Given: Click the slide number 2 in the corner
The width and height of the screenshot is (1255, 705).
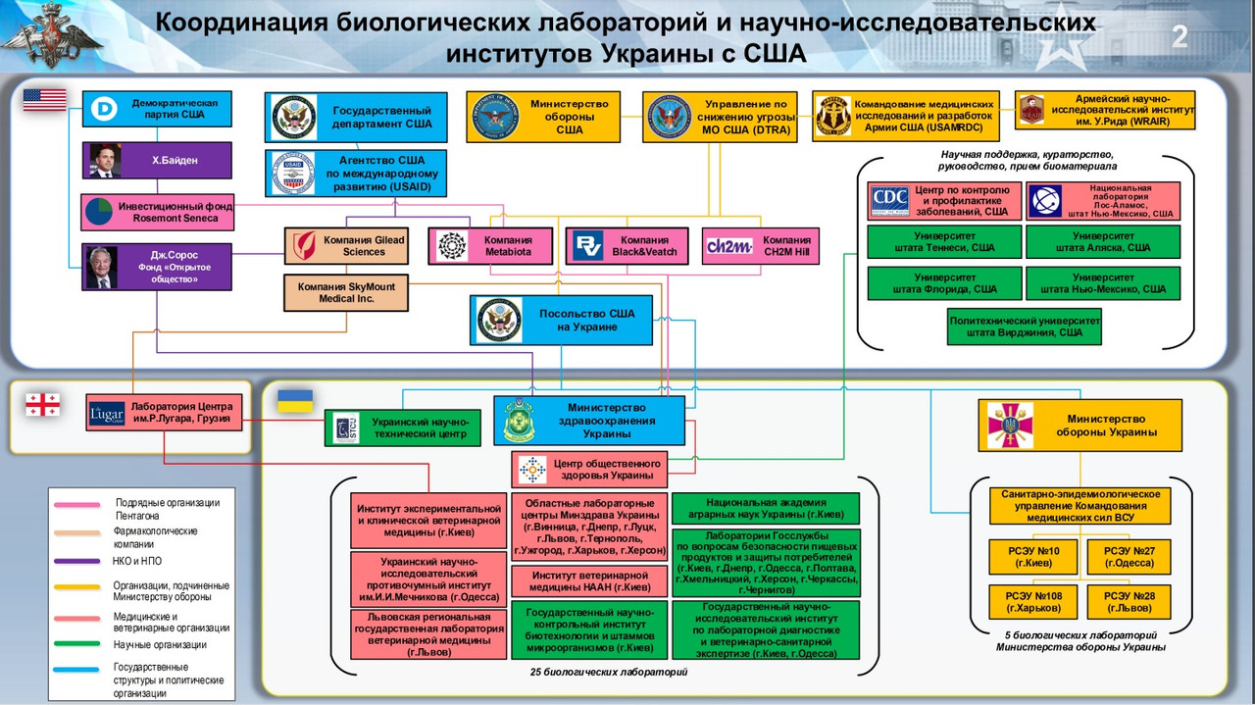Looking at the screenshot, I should tap(1180, 37).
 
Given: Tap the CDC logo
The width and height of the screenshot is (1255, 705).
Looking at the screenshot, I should tap(890, 201).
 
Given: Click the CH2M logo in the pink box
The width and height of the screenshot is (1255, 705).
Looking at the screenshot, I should tap(729, 246).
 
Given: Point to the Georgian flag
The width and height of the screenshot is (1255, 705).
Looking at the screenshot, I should tap(42, 404).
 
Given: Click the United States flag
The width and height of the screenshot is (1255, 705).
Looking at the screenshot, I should tap(44, 99).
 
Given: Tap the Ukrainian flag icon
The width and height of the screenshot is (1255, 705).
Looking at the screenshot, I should tap(295, 400).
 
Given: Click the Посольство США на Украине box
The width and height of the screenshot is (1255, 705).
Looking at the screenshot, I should tap(561, 321).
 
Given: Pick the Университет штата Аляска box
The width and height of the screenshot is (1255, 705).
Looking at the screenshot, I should tap(1103, 241).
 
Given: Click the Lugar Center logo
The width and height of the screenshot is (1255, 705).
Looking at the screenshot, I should tap(106, 416).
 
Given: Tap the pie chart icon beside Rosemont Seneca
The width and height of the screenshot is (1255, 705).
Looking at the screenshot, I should tap(99, 211).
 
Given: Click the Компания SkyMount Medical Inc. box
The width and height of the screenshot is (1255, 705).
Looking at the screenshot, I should tap(346, 292).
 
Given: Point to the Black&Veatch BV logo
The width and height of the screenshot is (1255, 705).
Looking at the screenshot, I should tap(587, 246).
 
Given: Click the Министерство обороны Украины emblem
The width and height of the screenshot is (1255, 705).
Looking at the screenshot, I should tap(1009, 426).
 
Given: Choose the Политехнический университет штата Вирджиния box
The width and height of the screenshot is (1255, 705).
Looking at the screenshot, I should tap(1024, 327).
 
